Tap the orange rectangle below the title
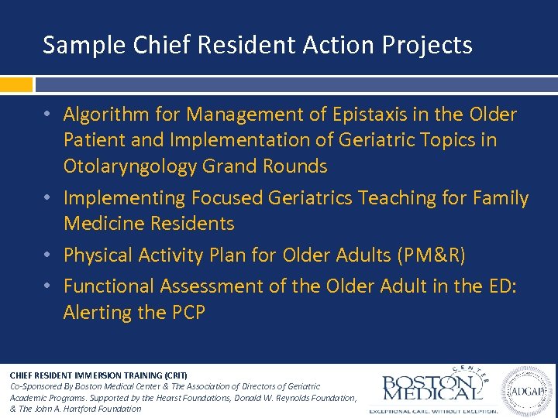pos(16,84)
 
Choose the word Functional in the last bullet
pos(108,286)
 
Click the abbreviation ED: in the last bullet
pos(501,286)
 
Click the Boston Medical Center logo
pos(430,387)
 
